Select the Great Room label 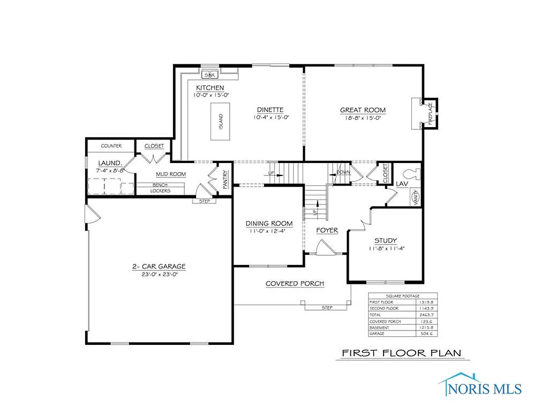363,111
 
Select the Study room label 385,241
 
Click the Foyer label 327,230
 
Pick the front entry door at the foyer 325,248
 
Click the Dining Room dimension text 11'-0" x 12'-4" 269,231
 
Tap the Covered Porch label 295,283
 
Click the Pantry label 226,180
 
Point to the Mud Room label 170,174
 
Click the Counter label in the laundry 111,146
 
